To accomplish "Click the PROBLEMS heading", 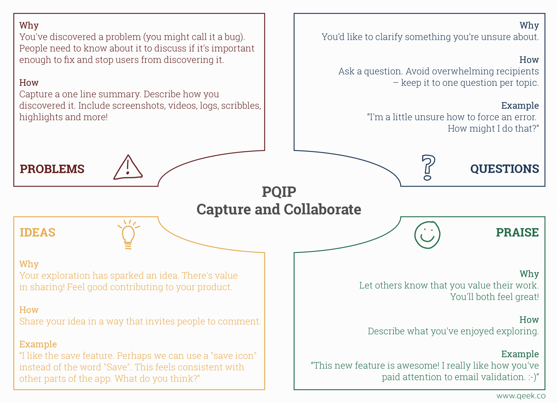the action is pos(52,169).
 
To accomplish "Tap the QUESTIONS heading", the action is pos(505,169).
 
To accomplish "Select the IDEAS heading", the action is pos(37,232).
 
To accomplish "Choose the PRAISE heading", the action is pos(517,232).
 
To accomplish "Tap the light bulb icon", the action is pos(128,234).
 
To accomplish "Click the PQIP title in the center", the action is pos(279,192).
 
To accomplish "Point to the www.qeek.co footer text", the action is pos(521,396).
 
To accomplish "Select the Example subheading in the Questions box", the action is pos(520,105).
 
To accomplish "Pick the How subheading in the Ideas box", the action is pos(29,310).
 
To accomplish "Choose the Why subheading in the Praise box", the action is pos(529,274).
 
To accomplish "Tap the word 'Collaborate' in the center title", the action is pos(322,209).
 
